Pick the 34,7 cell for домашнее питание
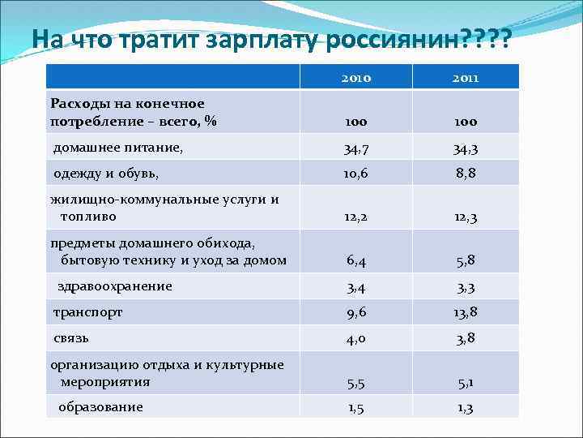click(356, 149)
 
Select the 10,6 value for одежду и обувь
click(356, 174)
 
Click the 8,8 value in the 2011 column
click(466, 174)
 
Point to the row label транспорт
click(88, 311)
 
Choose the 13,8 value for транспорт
click(466, 312)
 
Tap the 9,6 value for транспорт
click(356, 312)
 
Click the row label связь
click(71, 337)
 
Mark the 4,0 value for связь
click(356, 339)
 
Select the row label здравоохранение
click(115, 286)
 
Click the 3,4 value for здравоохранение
click(356, 287)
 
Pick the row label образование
click(100, 406)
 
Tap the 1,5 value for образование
click(356, 407)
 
